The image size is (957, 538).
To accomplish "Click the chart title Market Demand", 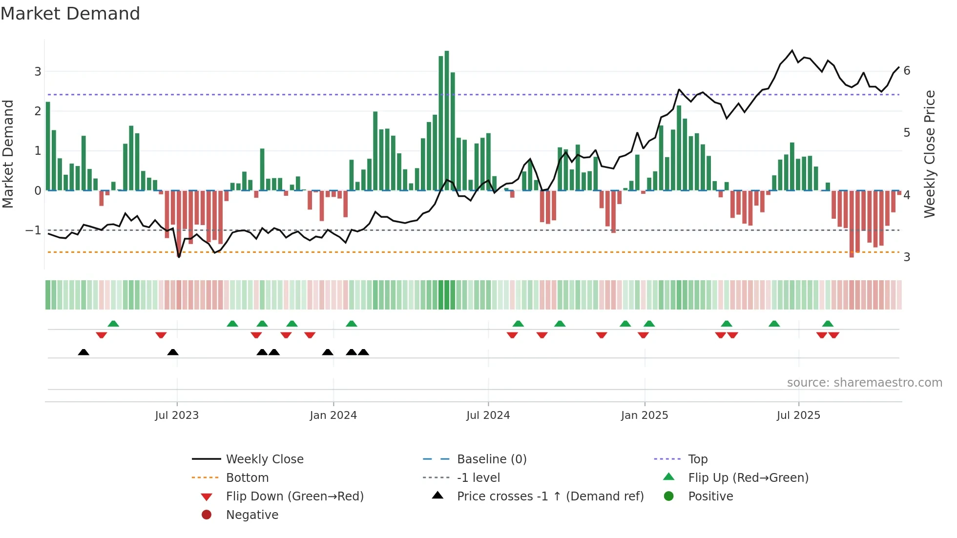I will click(x=70, y=14).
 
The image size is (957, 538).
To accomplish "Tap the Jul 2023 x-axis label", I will click(x=177, y=415).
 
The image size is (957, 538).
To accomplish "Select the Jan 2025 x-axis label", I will click(x=645, y=415).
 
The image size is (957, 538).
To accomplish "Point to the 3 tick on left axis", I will click(x=38, y=72).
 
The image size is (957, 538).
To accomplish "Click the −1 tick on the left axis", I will click(x=34, y=230).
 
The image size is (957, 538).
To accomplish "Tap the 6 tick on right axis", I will click(x=907, y=71).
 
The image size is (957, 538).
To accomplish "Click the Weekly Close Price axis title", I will click(x=930, y=154).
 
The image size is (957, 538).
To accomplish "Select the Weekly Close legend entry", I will click(x=264, y=459).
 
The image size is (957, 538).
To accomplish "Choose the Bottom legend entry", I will click(x=247, y=478).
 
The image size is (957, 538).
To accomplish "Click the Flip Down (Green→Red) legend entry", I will click(x=294, y=497).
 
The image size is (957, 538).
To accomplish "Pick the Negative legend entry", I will click(x=252, y=515).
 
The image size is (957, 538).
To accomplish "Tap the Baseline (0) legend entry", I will click(x=491, y=459).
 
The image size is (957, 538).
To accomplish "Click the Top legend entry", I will click(x=697, y=459).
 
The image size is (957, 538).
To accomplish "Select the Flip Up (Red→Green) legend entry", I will click(x=748, y=478).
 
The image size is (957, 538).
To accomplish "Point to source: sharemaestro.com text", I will click(x=864, y=383).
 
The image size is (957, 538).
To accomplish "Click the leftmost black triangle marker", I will click(x=83, y=352).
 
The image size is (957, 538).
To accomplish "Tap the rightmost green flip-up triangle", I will click(x=828, y=324).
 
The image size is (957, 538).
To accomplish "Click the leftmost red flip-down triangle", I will click(x=102, y=335).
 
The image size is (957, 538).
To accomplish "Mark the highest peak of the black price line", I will click(x=792, y=50).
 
